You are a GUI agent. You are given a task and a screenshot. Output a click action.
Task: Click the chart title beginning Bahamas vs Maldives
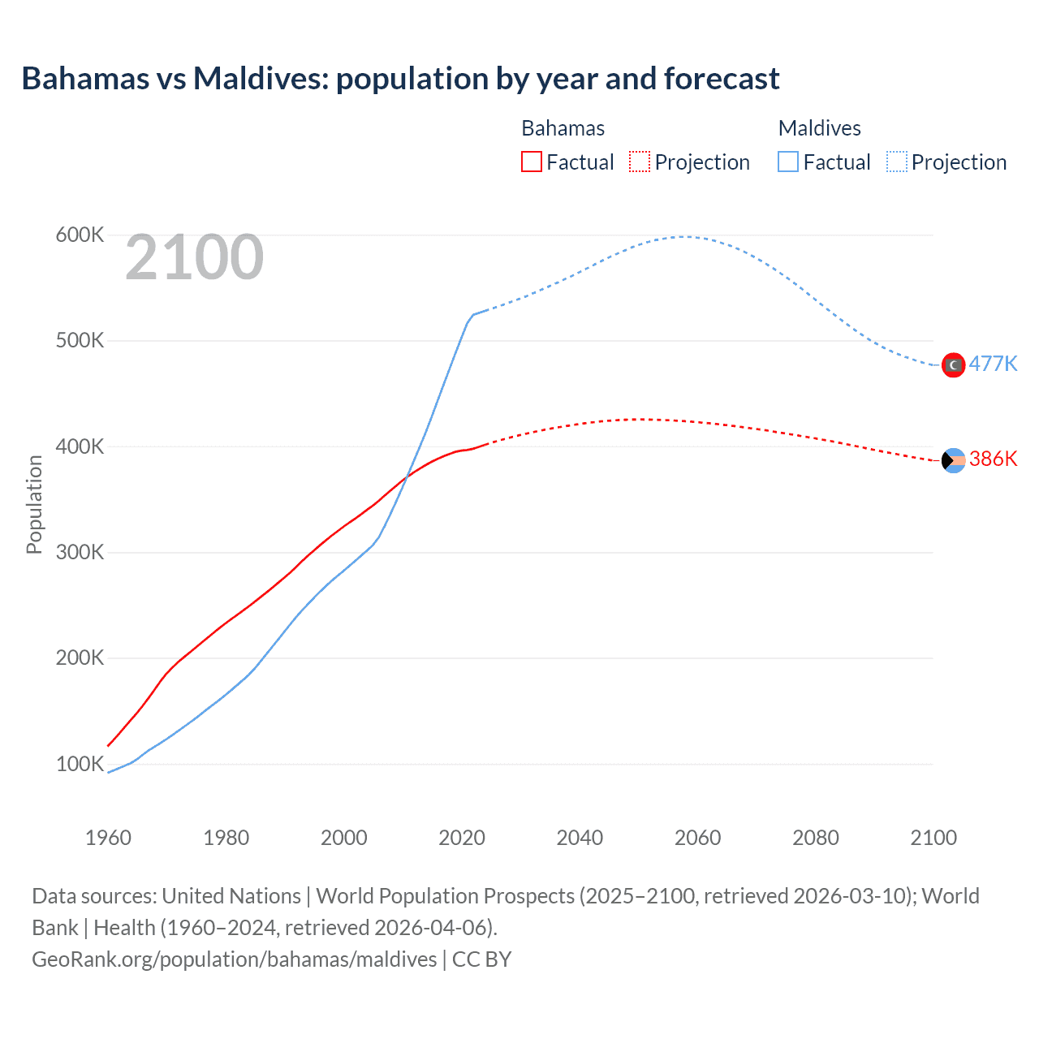pyautogui.click(x=400, y=79)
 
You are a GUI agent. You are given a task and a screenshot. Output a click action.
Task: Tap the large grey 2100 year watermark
pyautogui.click(x=194, y=257)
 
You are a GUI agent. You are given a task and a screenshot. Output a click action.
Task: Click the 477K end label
pyautogui.click(x=993, y=364)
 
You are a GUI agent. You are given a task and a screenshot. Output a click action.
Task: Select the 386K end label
pyautogui.click(x=993, y=459)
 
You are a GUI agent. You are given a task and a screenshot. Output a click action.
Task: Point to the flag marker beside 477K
pyautogui.click(x=953, y=365)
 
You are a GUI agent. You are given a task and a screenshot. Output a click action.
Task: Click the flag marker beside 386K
pyautogui.click(x=953, y=461)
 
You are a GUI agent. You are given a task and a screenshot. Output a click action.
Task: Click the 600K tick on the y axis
pyautogui.click(x=80, y=235)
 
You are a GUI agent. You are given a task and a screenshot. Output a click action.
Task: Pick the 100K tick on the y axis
pyautogui.click(x=80, y=764)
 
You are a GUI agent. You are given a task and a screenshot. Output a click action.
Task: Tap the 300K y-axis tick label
pyautogui.click(x=80, y=553)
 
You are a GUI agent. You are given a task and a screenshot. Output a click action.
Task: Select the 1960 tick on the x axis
pyautogui.click(x=108, y=838)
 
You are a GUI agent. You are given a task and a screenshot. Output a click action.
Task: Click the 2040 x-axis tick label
pyautogui.click(x=580, y=838)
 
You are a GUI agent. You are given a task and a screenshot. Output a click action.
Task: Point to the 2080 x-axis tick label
pyautogui.click(x=816, y=838)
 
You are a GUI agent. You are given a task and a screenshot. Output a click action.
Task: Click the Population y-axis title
pyautogui.click(x=34, y=504)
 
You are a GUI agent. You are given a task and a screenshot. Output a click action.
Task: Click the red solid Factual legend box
pyautogui.click(x=531, y=162)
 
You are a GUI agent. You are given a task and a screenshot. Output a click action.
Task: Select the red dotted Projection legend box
pyautogui.click(x=640, y=162)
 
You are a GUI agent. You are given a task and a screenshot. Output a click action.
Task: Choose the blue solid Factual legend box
pyautogui.click(x=787, y=162)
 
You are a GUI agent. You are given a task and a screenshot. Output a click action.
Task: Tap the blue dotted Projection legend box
pyautogui.click(x=896, y=162)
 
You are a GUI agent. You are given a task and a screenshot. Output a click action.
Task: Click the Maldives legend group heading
pyautogui.click(x=819, y=128)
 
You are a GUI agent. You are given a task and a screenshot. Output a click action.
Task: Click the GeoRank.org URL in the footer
pyautogui.click(x=234, y=959)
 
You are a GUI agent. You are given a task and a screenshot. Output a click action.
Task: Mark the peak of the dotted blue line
pyautogui.click(x=685, y=237)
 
